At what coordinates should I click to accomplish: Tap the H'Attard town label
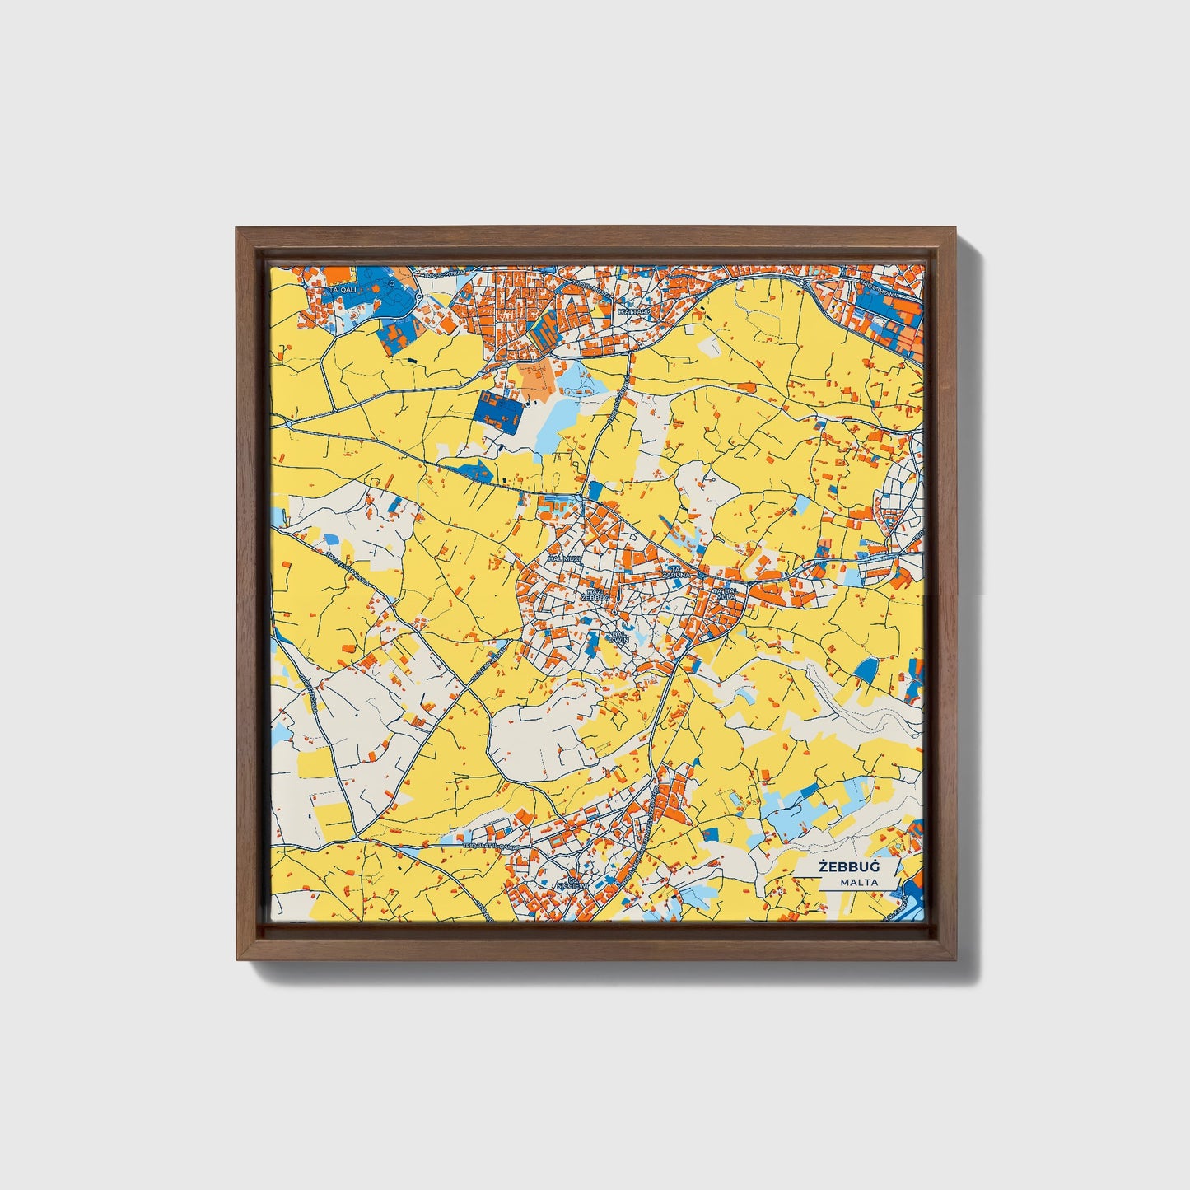[635, 313]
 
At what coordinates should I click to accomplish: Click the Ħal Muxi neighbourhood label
[565, 558]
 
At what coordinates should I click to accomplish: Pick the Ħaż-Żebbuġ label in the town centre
[595, 595]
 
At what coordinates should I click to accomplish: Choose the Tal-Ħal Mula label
[726, 595]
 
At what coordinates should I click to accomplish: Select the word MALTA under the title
[859, 882]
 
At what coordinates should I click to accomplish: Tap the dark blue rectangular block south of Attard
[498, 411]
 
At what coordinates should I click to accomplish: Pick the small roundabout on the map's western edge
[289, 422]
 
